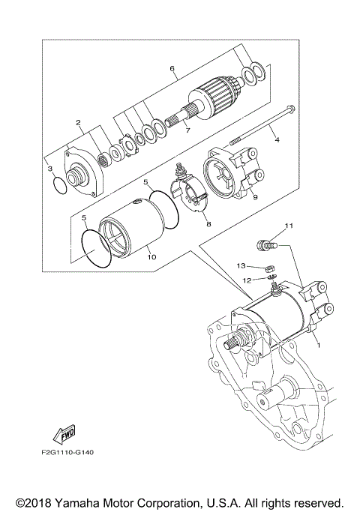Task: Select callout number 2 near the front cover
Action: tap(77, 122)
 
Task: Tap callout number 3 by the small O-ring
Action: tap(51, 169)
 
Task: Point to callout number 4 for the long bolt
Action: tap(277, 139)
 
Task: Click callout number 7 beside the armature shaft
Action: tap(187, 130)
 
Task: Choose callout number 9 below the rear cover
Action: tap(255, 197)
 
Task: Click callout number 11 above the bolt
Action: tap(288, 225)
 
